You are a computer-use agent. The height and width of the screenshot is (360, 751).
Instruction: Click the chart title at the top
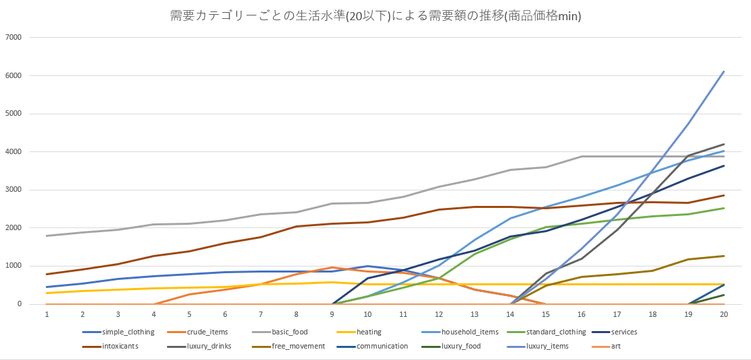click(x=375, y=15)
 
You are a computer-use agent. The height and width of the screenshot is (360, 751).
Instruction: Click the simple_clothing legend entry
click(x=128, y=332)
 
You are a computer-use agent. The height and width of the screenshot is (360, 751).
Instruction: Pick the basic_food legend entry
click(x=290, y=332)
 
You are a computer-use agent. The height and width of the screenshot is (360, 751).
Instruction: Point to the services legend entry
click(x=623, y=332)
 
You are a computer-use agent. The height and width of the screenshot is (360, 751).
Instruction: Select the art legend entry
click(x=615, y=346)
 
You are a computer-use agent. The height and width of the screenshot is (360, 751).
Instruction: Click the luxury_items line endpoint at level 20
click(x=723, y=71)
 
